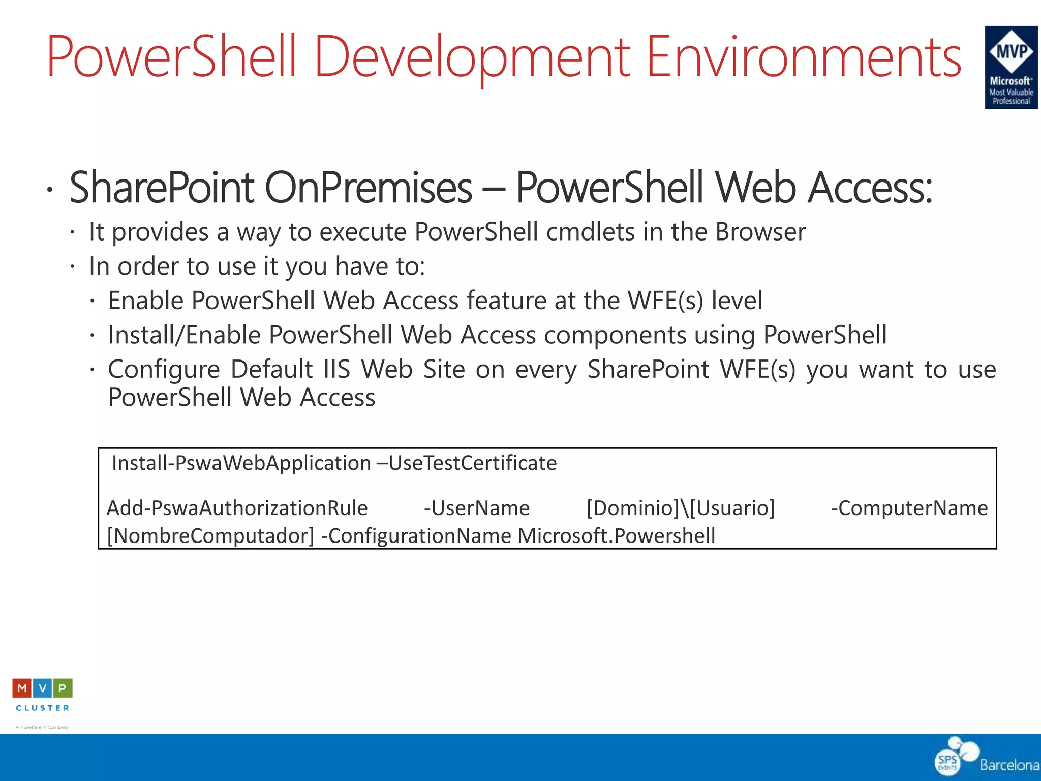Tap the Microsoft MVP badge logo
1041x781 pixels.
1011,68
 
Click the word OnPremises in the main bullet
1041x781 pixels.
369,188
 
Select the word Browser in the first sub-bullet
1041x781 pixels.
760,232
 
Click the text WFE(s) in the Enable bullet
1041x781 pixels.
665,301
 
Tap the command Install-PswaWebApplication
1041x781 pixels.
241,463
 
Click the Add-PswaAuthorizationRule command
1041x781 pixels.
237,508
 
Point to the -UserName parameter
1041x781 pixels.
477,508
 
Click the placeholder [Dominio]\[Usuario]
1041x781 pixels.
681,508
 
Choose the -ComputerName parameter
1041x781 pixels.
909,508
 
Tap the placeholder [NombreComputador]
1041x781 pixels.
211,536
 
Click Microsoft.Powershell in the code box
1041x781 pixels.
616,536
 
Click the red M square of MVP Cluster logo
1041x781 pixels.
22,688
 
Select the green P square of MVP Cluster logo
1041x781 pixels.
63,688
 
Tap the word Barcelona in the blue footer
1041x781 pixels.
1009,765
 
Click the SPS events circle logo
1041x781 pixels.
947,762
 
